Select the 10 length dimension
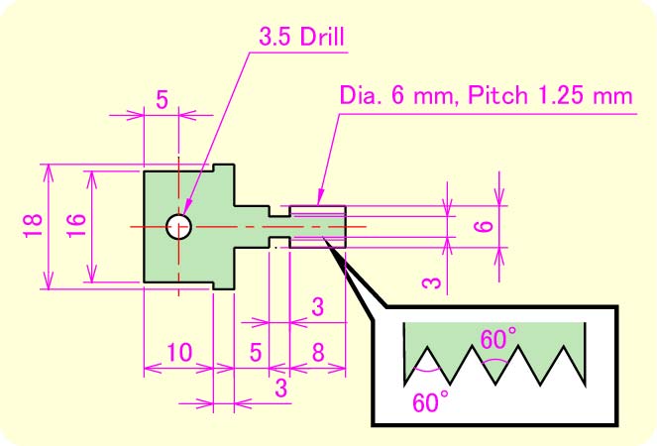178,351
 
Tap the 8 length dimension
317,351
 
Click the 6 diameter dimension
484,226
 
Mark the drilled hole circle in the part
178,226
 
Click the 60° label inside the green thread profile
498,339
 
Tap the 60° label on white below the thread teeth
430,401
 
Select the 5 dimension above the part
162,98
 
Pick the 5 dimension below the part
257,351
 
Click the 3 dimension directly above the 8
317,307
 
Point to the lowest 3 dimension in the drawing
280,388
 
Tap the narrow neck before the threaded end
279,226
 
